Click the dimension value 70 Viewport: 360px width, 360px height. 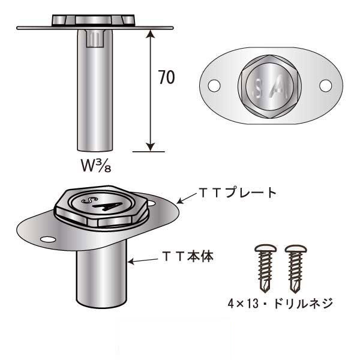[x=166, y=77]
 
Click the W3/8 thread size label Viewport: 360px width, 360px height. [x=95, y=164]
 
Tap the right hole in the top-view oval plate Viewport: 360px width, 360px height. [x=325, y=86]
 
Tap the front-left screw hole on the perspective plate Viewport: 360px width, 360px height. [x=46, y=241]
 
